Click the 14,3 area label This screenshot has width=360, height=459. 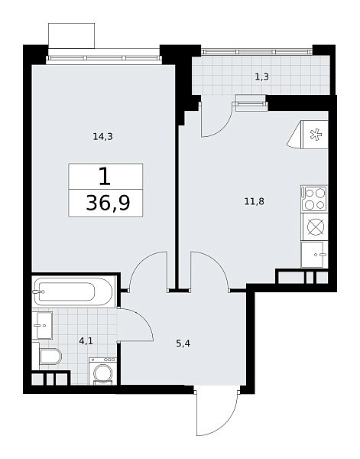coord(102,136)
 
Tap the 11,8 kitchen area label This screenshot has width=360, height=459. coord(254,201)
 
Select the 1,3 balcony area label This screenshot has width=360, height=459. coord(261,77)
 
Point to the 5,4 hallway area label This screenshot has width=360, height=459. coord(183,343)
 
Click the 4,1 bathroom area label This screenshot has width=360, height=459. coord(86,340)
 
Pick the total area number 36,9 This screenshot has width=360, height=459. coord(108,203)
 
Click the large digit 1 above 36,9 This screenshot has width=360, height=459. coord(105,176)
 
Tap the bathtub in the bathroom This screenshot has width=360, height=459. coord(75,291)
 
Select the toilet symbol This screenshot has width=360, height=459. coord(50,356)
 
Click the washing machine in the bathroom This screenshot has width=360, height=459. coord(102,371)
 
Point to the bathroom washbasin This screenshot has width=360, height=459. coord(42,325)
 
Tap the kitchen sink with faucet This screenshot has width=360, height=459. coord(313,255)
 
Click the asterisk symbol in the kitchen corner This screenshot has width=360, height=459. coord(316,135)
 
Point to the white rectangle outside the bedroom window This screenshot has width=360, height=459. coord(71,35)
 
